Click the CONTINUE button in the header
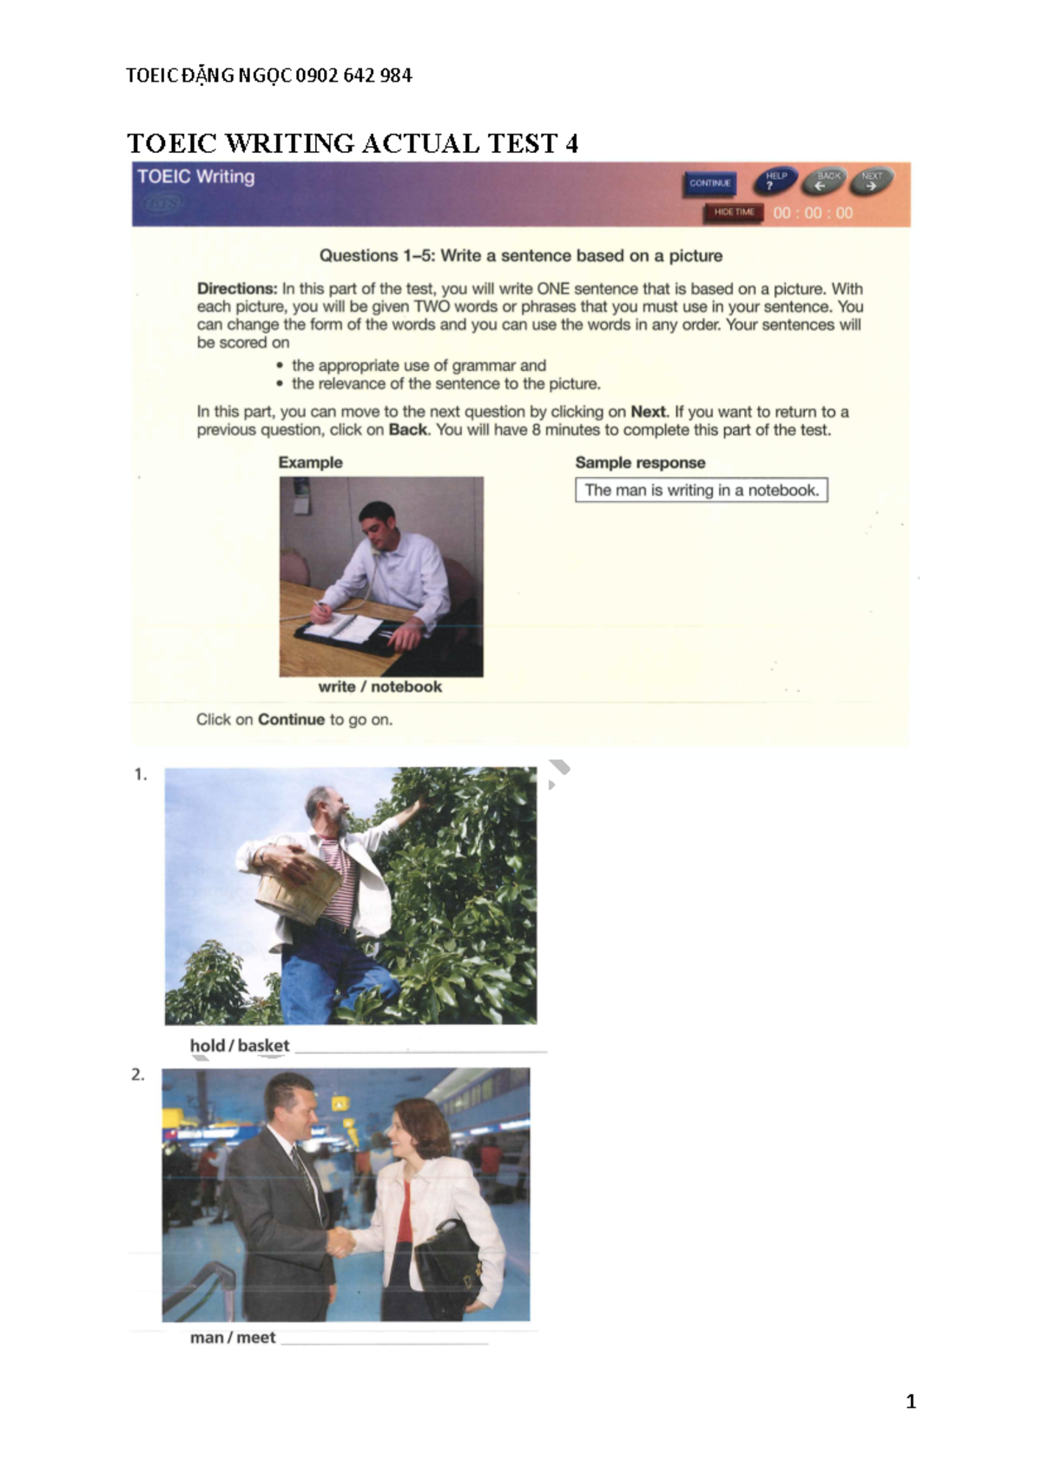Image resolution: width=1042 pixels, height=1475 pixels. point(709,183)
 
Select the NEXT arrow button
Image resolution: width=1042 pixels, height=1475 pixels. point(871,182)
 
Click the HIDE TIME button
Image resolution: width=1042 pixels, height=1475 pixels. point(734,212)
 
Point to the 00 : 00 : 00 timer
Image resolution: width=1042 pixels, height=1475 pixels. point(813,213)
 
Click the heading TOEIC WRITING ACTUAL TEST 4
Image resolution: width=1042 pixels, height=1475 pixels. point(353,143)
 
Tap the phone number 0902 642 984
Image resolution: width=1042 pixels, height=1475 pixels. point(353,76)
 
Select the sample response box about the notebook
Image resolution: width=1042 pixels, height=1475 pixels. point(701,490)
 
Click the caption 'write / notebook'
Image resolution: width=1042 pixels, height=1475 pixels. point(379,686)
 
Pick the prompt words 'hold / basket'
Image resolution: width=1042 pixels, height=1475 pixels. point(240,1046)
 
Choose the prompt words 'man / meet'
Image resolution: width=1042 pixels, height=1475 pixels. point(233,1338)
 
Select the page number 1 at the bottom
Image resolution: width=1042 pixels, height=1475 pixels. point(910,1401)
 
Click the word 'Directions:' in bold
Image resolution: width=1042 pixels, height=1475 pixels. point(236,288)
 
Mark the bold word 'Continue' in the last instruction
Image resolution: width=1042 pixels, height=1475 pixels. point(291,719)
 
